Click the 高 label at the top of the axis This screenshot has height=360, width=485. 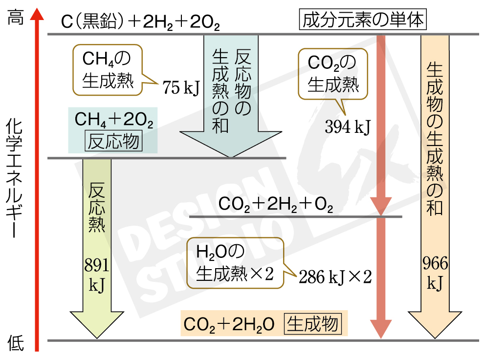tap(16, 19)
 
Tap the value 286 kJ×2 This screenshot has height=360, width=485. tap(335, 277)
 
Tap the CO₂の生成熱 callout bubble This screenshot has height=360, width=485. tap(333, 73)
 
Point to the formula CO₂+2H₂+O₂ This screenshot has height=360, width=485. tap(276, 205)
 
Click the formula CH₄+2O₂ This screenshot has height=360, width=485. tap(113, 120)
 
